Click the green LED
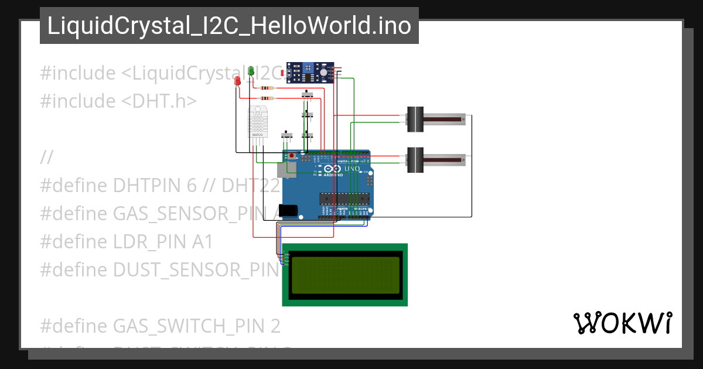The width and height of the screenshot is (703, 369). pyautogui.click(x=251, y=71)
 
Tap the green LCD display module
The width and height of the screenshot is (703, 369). pyautogui.click(x=345, y=275)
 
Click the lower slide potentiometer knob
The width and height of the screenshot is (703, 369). pyautogui.click(x=415, y=159)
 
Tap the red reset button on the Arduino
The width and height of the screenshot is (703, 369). pyautogui.click(x=292, y=156)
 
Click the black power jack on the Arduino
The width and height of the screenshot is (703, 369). pyautogui.click(x=288, y=210)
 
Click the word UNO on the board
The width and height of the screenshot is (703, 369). pyautogui.click(x=351, y=169)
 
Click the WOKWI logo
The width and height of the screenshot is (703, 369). pyautogui.click(x=622, y=323)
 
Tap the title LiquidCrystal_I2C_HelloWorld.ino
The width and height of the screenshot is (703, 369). pyautogui.click(x=229, y=26)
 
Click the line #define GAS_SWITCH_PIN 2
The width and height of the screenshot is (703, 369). pyautogui.click(x=160, y=324)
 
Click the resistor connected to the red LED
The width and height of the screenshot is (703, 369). pyautogui.click(x=267, y=98)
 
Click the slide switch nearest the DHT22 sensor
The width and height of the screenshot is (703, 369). pyautogui.click(x=287, y=135)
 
